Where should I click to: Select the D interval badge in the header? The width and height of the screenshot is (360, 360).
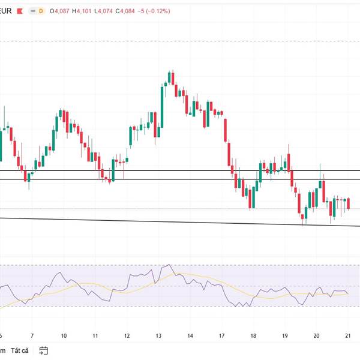[x=41, y=11]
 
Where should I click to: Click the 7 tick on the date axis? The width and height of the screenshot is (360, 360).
[x=32, y=336]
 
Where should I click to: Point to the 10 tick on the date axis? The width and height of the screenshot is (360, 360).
[x=64, y=336]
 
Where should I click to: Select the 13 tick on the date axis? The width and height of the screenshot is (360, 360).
[x=158, y=336]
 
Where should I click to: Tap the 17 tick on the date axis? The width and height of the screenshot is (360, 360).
[x=221, y=336]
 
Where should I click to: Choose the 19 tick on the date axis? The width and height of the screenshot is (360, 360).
[x=285, y=336]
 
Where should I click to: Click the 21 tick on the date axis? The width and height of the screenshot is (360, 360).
[x=348, y=336]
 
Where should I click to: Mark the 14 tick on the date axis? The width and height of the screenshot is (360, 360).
[x=190, y=336]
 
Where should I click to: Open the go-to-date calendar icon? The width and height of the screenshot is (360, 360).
[x=44, y=350]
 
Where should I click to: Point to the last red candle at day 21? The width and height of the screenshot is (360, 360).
[x=349, y=203]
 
